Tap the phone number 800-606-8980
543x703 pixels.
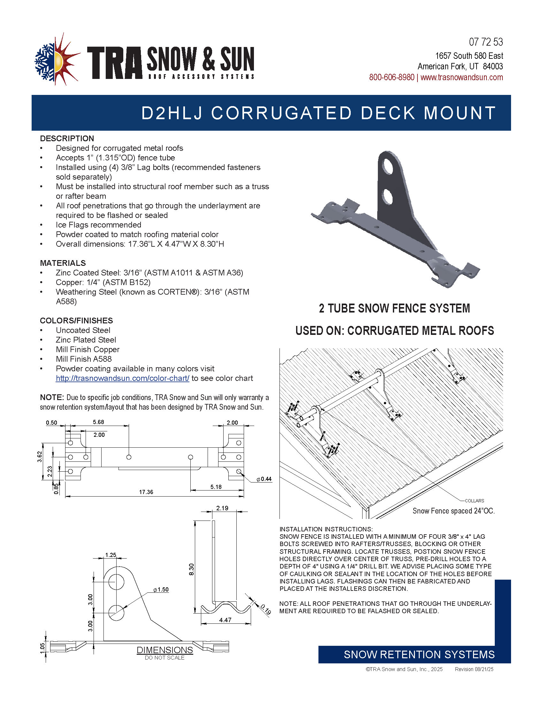coord(392,78)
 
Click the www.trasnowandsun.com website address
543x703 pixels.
coord(462,78)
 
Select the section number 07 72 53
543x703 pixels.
coord(486,42)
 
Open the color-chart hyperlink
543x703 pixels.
coord(122,378)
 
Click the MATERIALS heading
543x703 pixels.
coord(63,263)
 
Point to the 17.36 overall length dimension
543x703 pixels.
coord(146,492)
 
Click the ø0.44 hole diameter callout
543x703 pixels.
coord(264,479)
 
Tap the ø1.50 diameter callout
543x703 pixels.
coord(161,590)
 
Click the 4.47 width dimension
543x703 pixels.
coord(225,620)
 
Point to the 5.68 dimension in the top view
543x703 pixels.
coord(98,422)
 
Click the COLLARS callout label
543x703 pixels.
coord(474,500)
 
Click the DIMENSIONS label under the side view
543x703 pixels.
coord(165,650)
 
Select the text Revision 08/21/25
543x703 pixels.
coord(474,669)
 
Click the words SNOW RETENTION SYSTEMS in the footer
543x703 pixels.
coord(419,654)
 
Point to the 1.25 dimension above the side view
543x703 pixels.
coord(111,555)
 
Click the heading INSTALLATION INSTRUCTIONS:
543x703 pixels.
coord(326,529)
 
